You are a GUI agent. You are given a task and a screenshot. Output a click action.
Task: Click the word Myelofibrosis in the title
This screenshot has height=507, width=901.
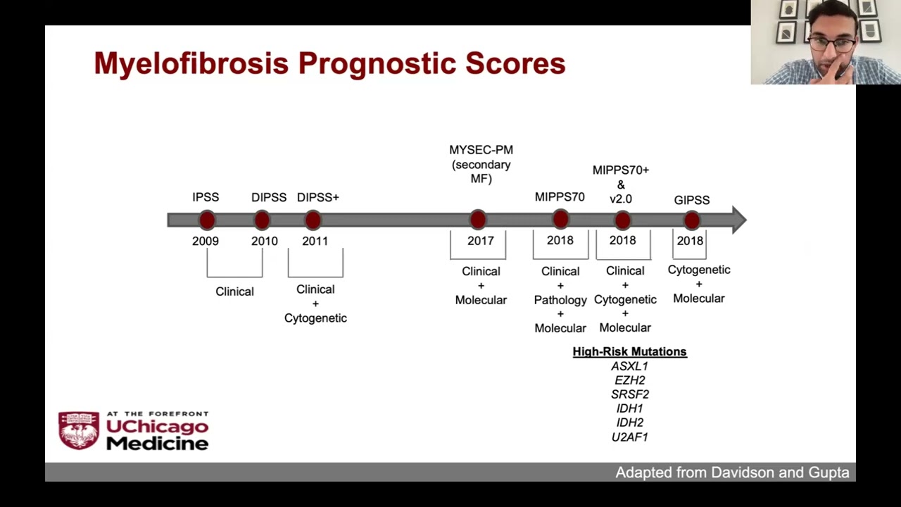click(x=191, y=63)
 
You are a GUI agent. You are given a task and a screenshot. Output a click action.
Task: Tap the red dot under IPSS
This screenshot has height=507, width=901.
click(x=207, y=220)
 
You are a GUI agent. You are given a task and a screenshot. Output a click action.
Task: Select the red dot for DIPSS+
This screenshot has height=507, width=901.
click(x=313, y=220)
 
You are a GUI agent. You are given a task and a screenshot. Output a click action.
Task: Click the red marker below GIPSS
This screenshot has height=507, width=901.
click(x=692, y=220)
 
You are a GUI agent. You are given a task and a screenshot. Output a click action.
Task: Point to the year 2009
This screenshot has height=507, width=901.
click(x=206, y=241)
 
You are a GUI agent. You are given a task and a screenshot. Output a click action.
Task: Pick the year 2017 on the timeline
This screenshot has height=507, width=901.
click(x=481, y=241)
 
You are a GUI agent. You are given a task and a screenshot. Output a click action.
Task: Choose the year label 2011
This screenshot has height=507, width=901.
click(x=315, y=241)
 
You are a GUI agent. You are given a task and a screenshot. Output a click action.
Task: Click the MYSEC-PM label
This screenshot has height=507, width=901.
click(x=481, y=150)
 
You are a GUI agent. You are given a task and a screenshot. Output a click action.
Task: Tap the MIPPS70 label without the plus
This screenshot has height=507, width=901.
click(x=560, y=196)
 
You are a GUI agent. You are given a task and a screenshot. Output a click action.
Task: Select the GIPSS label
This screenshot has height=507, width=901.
click(x=692, y=200)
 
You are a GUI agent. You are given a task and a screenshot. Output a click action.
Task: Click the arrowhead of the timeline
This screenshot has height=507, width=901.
click(x=739, y=220)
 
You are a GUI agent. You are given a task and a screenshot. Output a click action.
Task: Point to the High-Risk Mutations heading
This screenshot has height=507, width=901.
click(x=630, y=351)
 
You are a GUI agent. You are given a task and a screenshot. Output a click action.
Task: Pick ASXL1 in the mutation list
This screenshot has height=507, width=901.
click(x=630, y=366)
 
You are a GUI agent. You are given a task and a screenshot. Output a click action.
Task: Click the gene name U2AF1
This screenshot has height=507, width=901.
click(x=630, y=437)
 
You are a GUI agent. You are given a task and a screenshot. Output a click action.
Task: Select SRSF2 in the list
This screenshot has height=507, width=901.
click(x=630, y=394)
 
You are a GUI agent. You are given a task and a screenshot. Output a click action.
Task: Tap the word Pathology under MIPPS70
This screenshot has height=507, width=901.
click(x=560, y=300)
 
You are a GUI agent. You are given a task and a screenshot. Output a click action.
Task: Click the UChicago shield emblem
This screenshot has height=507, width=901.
click(x=79, y=430)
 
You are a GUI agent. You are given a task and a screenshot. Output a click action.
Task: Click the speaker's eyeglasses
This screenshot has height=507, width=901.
click(x=831, y=44)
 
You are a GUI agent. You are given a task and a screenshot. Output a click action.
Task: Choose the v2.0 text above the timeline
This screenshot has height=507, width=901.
click(x=621, y=199)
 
